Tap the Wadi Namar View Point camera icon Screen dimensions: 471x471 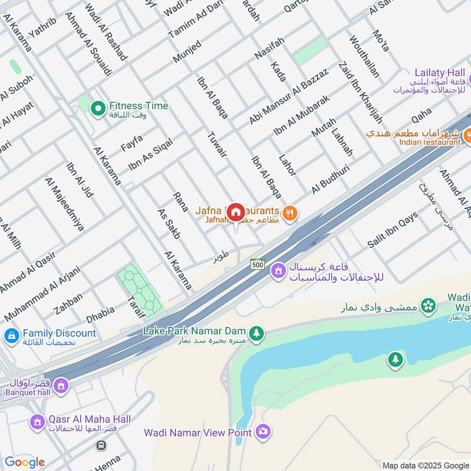pyautogui.click(x=263, y=432)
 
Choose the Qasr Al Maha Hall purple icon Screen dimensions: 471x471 pyautogui.click(x=37, y=422)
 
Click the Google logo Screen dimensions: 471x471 pyautogui.click(x=25, y=462)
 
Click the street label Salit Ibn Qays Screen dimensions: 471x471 pyautogui.click(x=393, y=230)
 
